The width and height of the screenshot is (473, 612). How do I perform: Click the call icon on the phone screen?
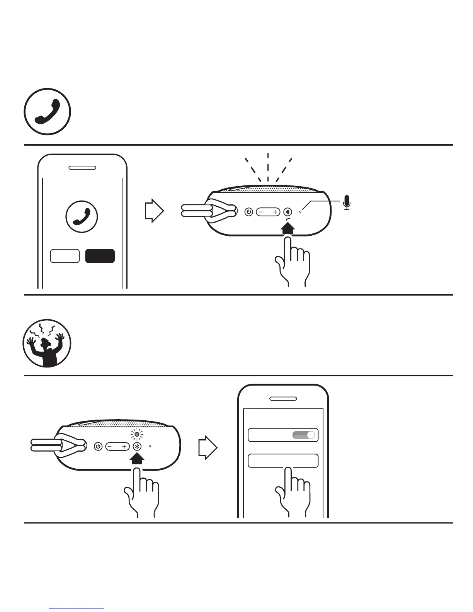tap(82, 216)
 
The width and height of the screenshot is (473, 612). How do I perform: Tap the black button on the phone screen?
tap(100, 256)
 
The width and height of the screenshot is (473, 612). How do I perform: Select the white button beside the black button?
tap(65, 256)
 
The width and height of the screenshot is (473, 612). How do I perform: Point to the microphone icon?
tap(347, 202)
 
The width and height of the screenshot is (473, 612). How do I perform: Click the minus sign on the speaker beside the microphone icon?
tap(260, 212)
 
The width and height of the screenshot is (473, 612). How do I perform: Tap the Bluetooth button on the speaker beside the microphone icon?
tap(288, 212)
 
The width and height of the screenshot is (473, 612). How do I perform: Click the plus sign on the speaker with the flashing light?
tap(124, 447)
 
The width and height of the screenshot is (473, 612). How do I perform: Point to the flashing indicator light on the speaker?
tap(137, 435)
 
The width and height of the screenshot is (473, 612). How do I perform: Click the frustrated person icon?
tap(47, 343)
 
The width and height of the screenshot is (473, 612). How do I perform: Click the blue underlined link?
tap(77, 609)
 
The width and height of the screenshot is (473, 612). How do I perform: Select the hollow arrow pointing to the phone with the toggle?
tap(208, 448)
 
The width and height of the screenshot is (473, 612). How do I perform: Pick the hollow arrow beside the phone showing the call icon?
tap(154, 211)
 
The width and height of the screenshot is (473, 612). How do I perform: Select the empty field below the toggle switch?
tap(283, 461)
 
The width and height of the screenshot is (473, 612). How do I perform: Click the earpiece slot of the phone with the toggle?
tap(283, 398)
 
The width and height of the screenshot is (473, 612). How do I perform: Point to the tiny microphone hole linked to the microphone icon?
tap(301, 212)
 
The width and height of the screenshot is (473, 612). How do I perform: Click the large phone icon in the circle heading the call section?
tap(48, 112)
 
